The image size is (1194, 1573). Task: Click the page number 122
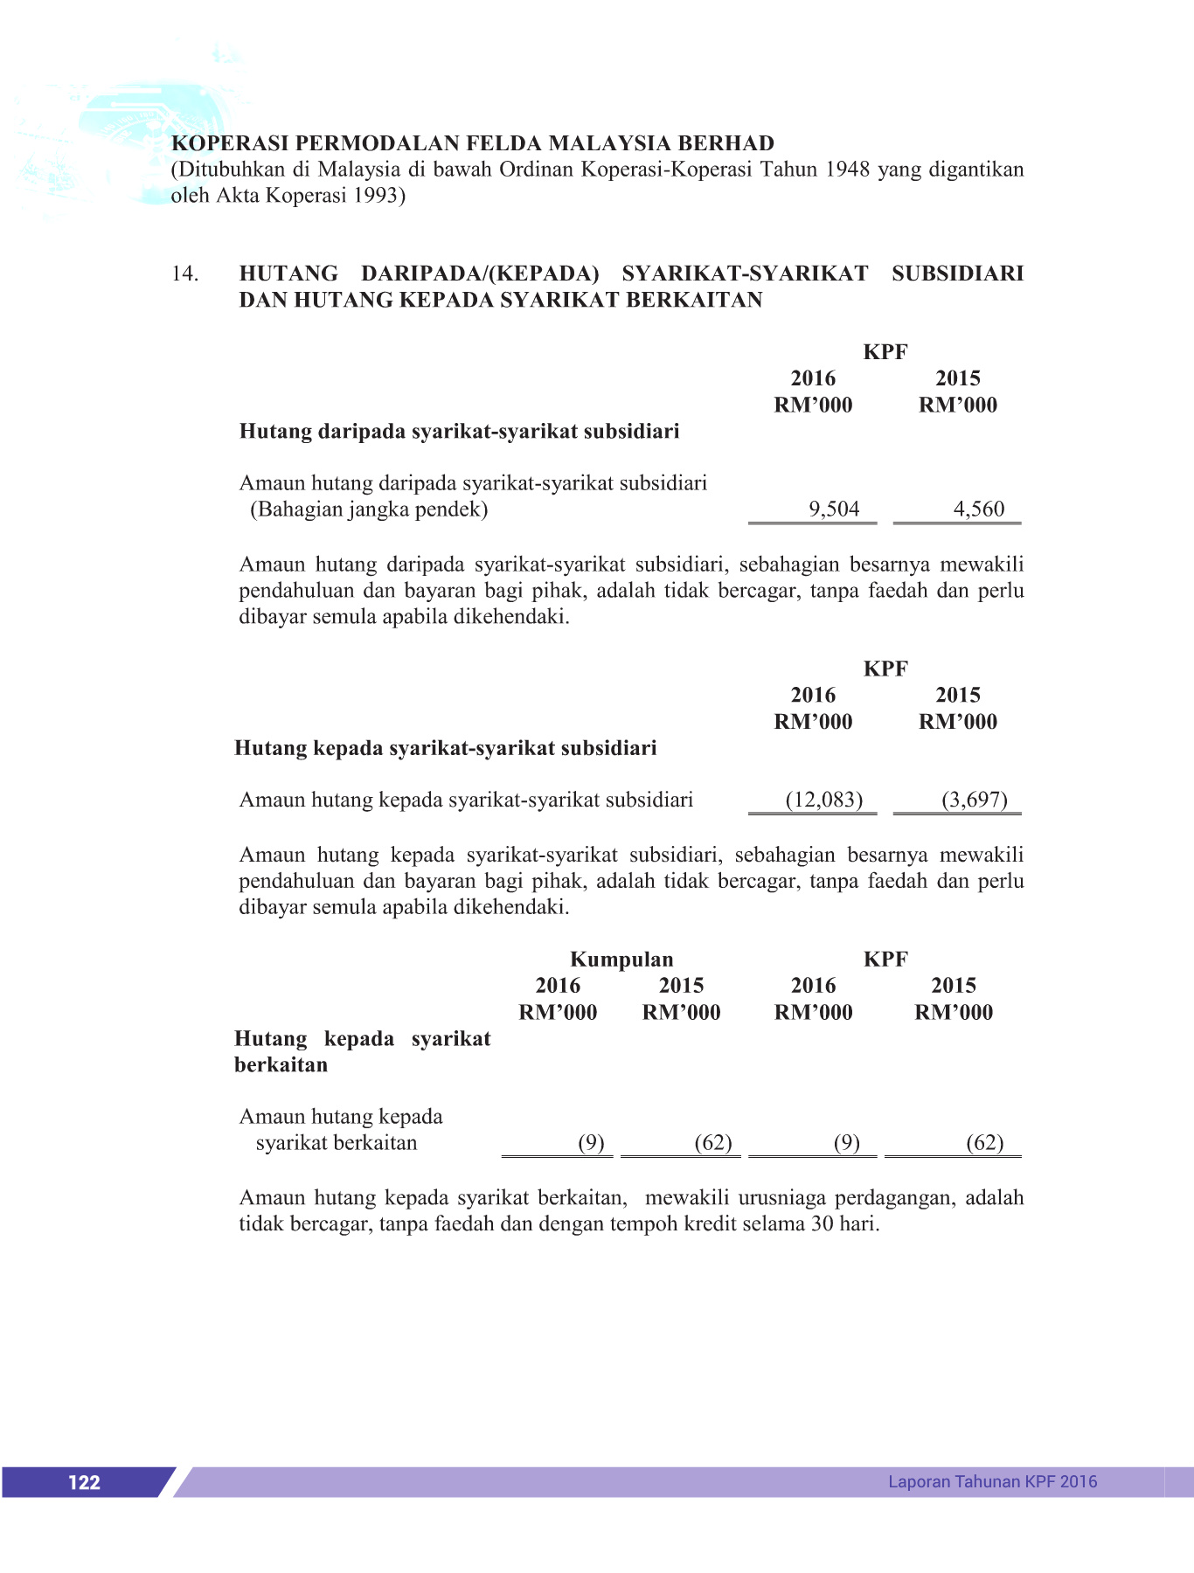point(84,1482)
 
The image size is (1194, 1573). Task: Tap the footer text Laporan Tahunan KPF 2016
point(992,1481)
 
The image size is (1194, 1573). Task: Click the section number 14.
point(184,274)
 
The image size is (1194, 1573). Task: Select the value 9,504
point(834,509)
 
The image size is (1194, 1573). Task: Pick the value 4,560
point(979,509)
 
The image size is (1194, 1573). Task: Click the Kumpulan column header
point(621,960)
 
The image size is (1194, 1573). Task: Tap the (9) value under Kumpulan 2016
point(591,1143)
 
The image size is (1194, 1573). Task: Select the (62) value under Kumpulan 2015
point(713,1143)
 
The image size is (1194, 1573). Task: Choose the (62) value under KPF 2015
point(985,1143)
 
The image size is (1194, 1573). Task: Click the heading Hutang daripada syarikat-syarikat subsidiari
point(459,431)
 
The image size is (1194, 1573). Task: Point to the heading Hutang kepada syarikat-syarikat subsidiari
point(446,748)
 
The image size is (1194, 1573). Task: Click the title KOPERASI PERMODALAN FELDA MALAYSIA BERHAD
point(472,143)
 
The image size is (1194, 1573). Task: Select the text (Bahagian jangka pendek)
point(369,509)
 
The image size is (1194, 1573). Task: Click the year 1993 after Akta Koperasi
point(376,196)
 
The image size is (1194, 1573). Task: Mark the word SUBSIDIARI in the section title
point(957,274)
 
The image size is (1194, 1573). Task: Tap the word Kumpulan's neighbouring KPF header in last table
point(885,960)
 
